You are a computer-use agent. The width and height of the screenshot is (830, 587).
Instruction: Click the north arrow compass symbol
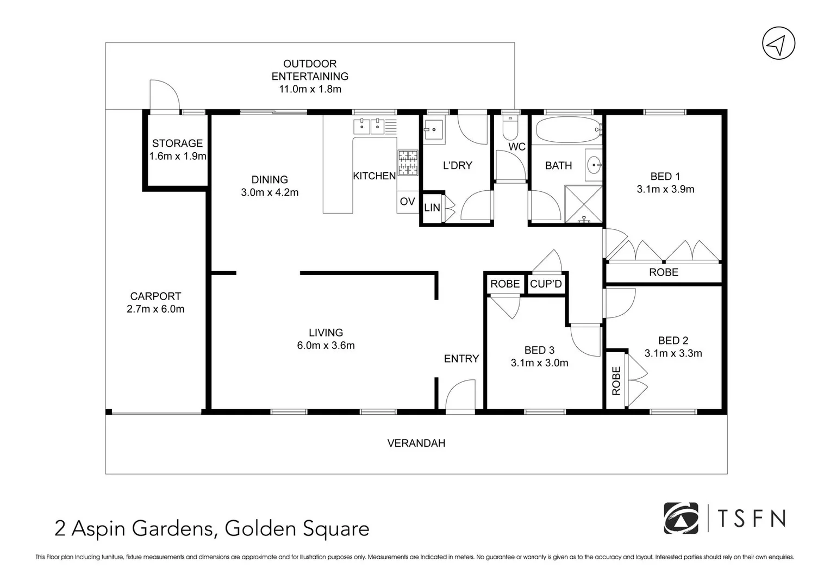[778, 43]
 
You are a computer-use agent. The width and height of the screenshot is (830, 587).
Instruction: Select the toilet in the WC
[510, 129]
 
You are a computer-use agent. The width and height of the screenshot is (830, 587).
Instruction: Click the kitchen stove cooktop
[408, 163]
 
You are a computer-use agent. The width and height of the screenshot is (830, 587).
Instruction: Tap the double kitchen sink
[370, 126]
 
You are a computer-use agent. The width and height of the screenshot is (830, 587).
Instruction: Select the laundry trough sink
[434, 129]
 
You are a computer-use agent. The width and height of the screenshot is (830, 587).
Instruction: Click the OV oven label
[407, 202]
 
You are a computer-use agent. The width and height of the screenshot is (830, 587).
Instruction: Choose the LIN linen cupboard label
[432, 208]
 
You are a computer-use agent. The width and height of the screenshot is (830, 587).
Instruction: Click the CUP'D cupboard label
[546, 284]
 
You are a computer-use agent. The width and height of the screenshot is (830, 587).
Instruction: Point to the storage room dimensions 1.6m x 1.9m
[178, 157]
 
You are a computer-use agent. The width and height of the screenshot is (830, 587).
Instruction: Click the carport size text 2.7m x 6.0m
[155, 309]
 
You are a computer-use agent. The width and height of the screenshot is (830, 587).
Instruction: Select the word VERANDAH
[416, 443]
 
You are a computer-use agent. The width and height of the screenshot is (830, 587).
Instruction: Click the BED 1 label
[665, 176]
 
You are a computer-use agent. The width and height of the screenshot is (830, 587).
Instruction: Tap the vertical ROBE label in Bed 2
[616, 380]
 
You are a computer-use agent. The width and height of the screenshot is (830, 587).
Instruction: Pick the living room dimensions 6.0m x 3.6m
[326, 346]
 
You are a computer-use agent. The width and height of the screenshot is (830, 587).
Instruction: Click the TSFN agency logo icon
[681, 518]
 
